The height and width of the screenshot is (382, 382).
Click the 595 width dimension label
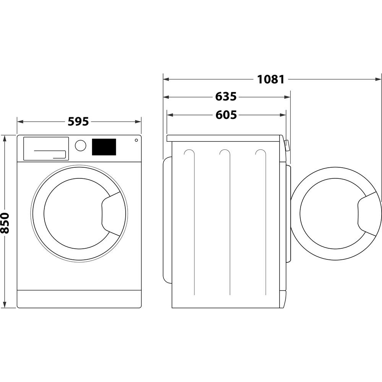click(78, 121)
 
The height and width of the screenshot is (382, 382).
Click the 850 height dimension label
click(5, 223)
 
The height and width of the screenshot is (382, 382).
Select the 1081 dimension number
click(271, 79)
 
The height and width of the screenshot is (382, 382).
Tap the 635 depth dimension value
click(226, 97)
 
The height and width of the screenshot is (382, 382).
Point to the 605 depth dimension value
click(226, 115)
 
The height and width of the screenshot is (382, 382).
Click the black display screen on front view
click(104, 147)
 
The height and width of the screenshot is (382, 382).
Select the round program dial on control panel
click(80, 146)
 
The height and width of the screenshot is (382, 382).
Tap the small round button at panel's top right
click(136, 140)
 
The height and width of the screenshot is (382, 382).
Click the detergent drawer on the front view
click(46, 149)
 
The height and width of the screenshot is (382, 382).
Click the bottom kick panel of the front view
click(79, 299)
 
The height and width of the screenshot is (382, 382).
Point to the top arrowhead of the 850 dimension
click(5, 138)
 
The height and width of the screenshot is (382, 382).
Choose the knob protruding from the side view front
click(286, 145)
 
